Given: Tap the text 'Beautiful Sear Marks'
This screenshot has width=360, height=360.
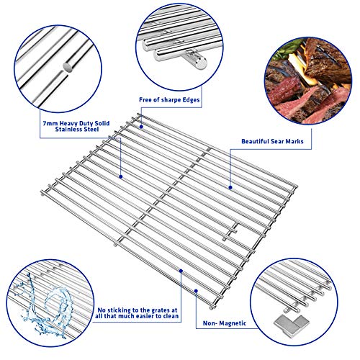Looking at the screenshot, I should pos(268,144).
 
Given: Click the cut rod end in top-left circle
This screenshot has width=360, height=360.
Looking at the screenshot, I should pos(68,66).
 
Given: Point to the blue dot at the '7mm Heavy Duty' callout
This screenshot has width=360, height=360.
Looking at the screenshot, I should pos(120,176).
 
